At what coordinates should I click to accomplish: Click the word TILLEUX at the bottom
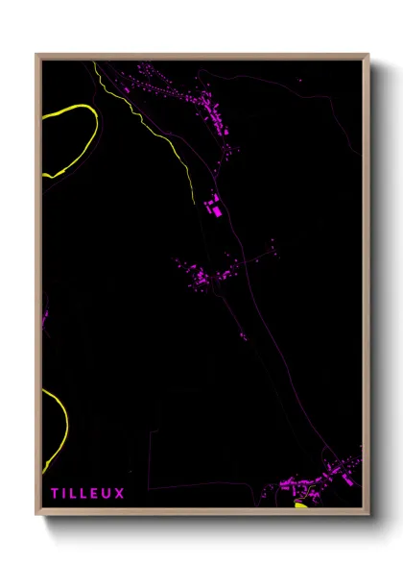87,494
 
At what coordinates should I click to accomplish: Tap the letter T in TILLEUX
55,494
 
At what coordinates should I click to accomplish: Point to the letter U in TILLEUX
107,494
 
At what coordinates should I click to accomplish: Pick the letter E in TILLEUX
96,494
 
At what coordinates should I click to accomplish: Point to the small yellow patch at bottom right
300,504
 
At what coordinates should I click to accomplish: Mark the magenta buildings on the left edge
45,311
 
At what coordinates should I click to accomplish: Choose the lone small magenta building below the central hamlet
243,336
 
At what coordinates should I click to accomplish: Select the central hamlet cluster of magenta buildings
206,276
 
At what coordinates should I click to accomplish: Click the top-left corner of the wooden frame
37,55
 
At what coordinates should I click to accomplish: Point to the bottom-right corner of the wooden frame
368,514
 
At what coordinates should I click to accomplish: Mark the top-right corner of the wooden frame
368,55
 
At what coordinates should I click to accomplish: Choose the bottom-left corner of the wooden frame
37,514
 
